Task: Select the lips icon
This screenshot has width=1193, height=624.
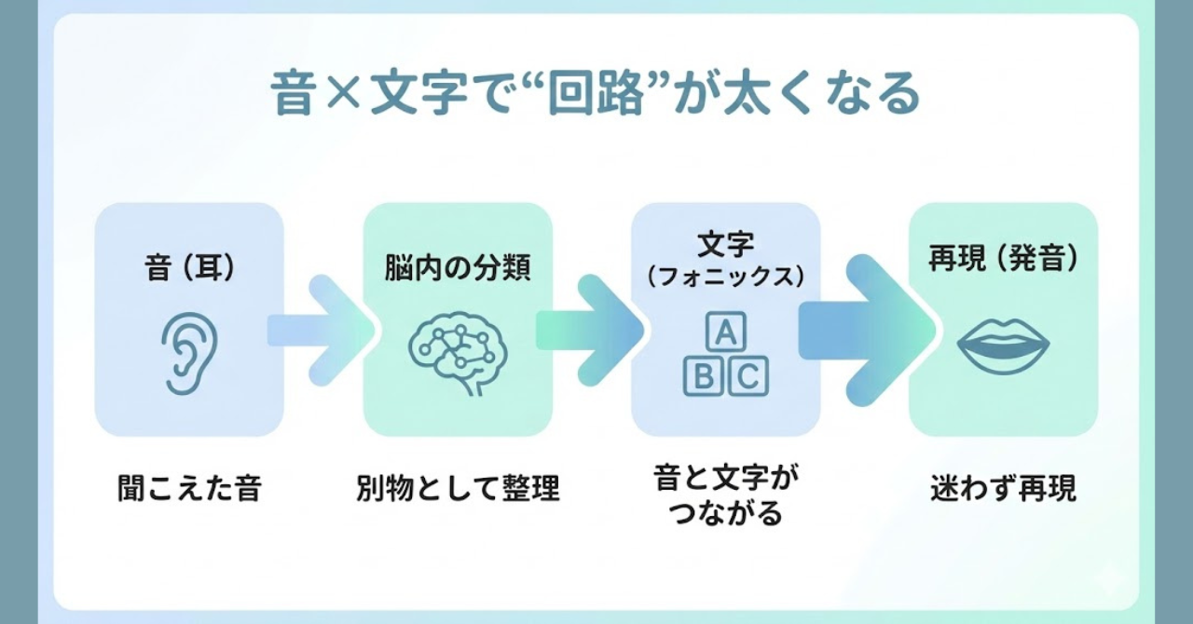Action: point(1003,346)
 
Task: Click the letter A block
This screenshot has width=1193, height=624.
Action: point(726,332)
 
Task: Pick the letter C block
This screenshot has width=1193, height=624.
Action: point(747,376)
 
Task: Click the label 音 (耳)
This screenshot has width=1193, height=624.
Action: point(189,267)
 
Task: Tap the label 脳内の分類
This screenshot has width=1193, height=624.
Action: point(458,267)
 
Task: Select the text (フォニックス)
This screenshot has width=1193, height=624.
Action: point(725,278)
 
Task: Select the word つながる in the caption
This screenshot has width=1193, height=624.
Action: point(725,513)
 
